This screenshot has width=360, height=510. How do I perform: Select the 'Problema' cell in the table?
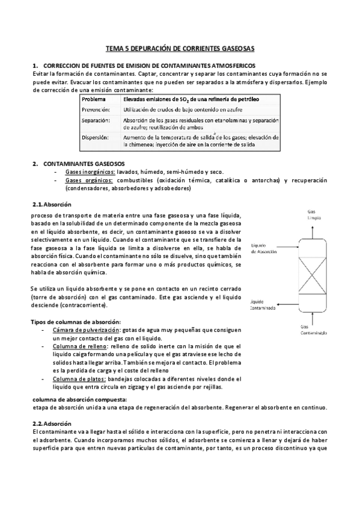[94, 99]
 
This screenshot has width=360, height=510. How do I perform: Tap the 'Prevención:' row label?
[96, 110]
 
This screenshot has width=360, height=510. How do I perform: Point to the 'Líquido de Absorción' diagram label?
[264, 248]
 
